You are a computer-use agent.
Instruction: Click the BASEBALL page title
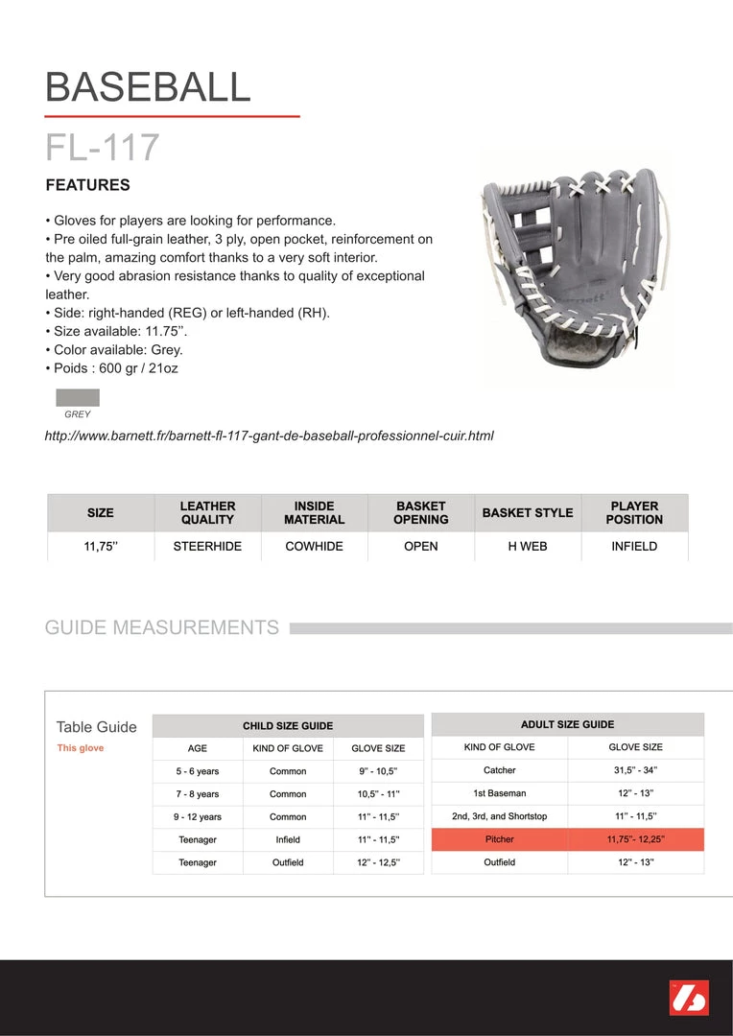coord(148,87)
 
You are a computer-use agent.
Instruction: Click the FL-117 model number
coord(103,148)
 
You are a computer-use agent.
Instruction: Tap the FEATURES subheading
coord(87,185)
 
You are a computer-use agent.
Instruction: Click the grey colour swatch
coord(78,398)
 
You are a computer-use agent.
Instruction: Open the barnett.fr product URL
coord(269,436)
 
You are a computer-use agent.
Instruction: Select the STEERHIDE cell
coord(207,546)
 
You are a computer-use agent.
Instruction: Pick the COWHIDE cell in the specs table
coord(314,546)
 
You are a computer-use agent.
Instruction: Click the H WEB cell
coord(527,546)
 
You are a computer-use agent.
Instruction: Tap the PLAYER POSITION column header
coord(634,512)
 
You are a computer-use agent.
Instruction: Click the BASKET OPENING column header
coord(420,512)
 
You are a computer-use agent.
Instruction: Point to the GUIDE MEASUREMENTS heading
coord(162,628)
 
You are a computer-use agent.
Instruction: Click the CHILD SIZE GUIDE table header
coord(288,726)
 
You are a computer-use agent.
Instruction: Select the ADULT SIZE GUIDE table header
coord(567,724)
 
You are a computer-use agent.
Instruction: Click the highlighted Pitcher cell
coord(499,839)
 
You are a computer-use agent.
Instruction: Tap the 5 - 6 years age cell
coord(197,771)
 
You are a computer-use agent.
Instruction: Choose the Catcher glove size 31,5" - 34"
coord(636,770)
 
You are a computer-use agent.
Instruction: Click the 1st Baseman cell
coord(499,793)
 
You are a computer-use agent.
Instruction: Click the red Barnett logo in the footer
coord(688,998)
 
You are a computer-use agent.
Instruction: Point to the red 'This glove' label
coord(81,748)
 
